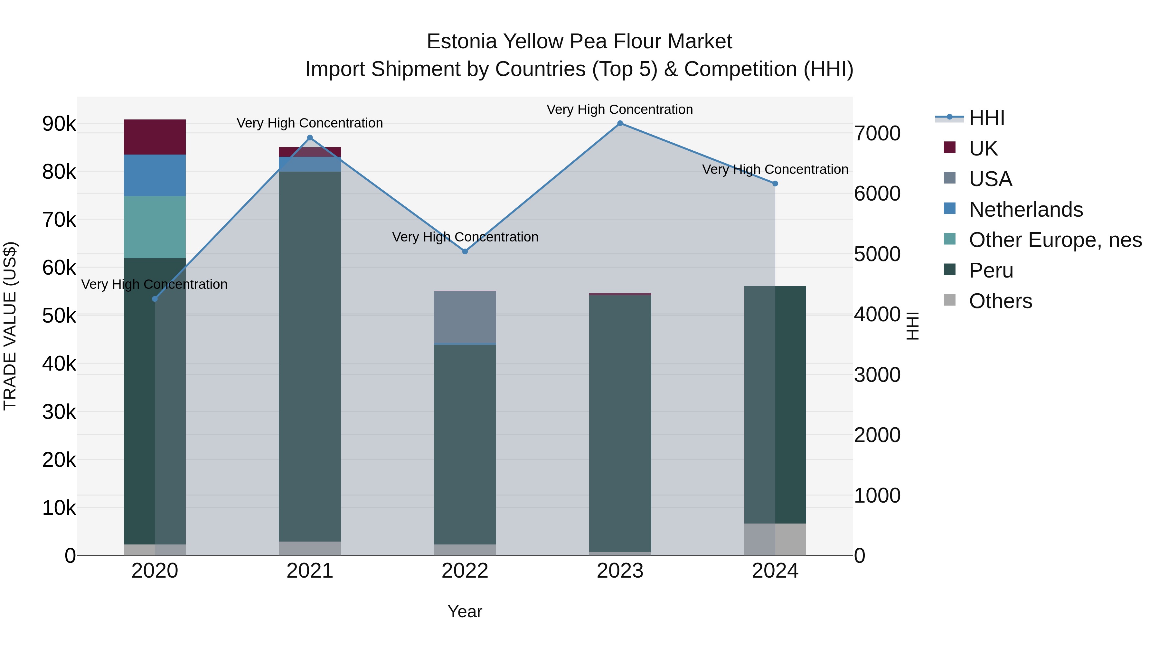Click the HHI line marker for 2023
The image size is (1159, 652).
coord(620,123)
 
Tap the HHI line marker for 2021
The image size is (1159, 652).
coord(309,138)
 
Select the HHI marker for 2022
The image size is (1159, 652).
coord(465,251)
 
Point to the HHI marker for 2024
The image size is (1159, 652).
coord(775,184)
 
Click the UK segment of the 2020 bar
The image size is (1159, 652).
coord(155,137)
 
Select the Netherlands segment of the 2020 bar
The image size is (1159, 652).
coord(155,175)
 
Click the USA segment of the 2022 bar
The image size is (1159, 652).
coord(465,317)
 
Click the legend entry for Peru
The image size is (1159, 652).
coord(991,270)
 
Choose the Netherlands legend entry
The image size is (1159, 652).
coord(1025,210)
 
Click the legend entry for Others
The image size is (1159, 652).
coord(1000,301)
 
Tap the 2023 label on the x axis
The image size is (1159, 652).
coord(620,571)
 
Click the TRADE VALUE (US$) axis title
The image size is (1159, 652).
coord(10,326)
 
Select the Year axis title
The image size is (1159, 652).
coord(465,611)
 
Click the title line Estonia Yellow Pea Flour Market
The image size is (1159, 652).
coord(579,42)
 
